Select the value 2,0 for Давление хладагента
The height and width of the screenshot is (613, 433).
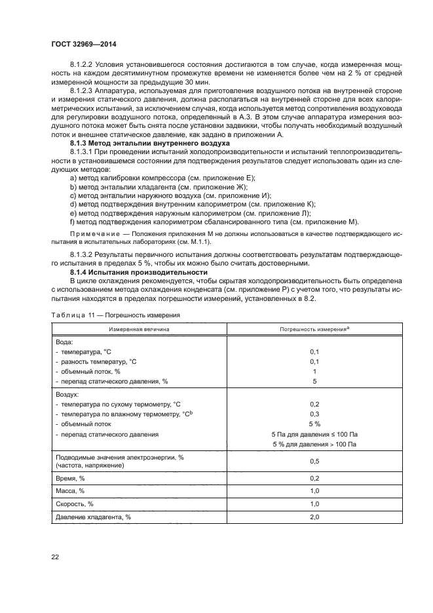coord(314,517)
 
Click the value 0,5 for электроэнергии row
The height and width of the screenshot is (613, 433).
coord(314,462)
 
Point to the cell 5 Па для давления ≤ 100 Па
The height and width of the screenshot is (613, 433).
coord(314,435)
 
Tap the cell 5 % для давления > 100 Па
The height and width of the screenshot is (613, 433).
coord(314,445)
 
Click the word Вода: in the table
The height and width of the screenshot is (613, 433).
coord(65,342)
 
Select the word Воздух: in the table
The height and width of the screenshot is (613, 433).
coord(67,395)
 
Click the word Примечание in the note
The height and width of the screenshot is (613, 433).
coord(92,233)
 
